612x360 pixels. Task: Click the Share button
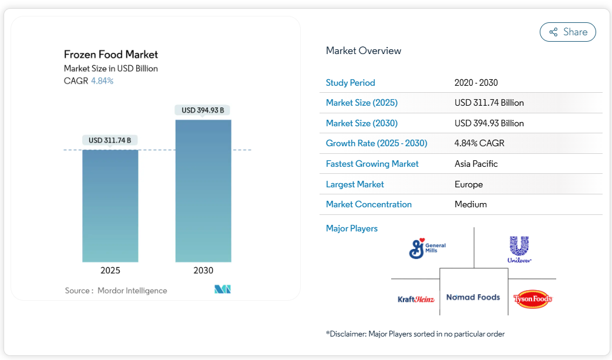(x=567, y=32)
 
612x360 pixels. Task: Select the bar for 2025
(x=110, y=206)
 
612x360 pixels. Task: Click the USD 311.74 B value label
(x=110, y=140)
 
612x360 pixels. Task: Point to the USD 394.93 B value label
(x=203, y=110)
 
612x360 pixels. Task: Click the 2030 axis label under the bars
(x=203, y=271)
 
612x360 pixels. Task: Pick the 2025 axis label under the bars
(x=110, y=271)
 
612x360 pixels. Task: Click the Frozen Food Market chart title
(x=111, y=55)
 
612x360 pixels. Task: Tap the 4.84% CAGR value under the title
(x=102, y=81)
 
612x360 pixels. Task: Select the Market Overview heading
(x=364, y=51)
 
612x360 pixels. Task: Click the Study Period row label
(x=351, y=83)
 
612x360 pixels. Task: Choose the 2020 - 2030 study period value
(x=476, y=83)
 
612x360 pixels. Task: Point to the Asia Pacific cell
(x=476, y=164)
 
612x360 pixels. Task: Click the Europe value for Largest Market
(x=469, y=184)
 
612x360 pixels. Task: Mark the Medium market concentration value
(x=471, y=204)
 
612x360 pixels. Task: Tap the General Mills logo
(x=427, y=248)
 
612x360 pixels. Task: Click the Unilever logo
(x=519, y=249)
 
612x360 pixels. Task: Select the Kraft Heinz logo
(x=416, y=299)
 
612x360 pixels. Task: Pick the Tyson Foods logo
(x=533, y=299)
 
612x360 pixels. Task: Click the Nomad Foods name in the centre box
(x=473, y=297)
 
